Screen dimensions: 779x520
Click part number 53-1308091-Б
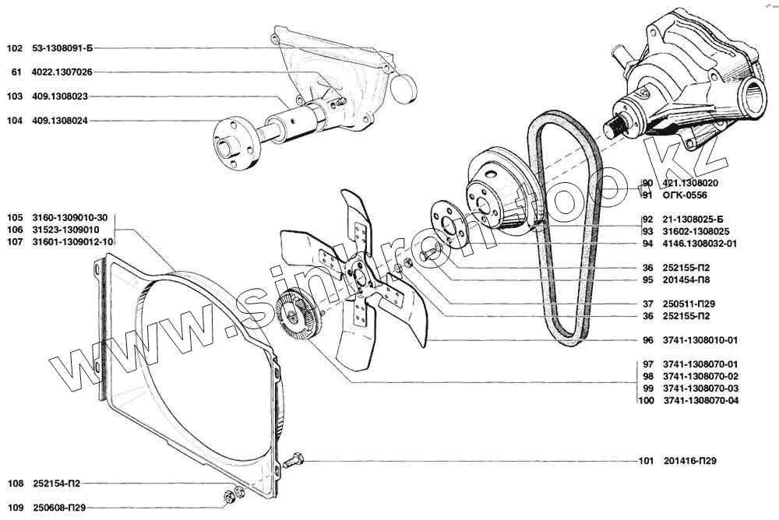pyautogui.click(x=62, y=48)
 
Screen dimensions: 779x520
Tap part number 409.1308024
pyautogui.click(x=60, y=121)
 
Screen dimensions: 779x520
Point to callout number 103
pyautogui.click(x=14, y=97)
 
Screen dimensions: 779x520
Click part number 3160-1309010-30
pyautogui.click(x=69, y=217)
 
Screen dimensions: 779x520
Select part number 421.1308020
pyautogui.click(x=690, y=183)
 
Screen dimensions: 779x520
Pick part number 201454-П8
pyautogui.click(x=686, y=279)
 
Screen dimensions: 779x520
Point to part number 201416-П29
pyautogui.click(x=689, y=461)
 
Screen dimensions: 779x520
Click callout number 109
pyautogui.click(x=14, y=508)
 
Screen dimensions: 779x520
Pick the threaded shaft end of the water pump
pyautogui.click(x=615, y=125)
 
